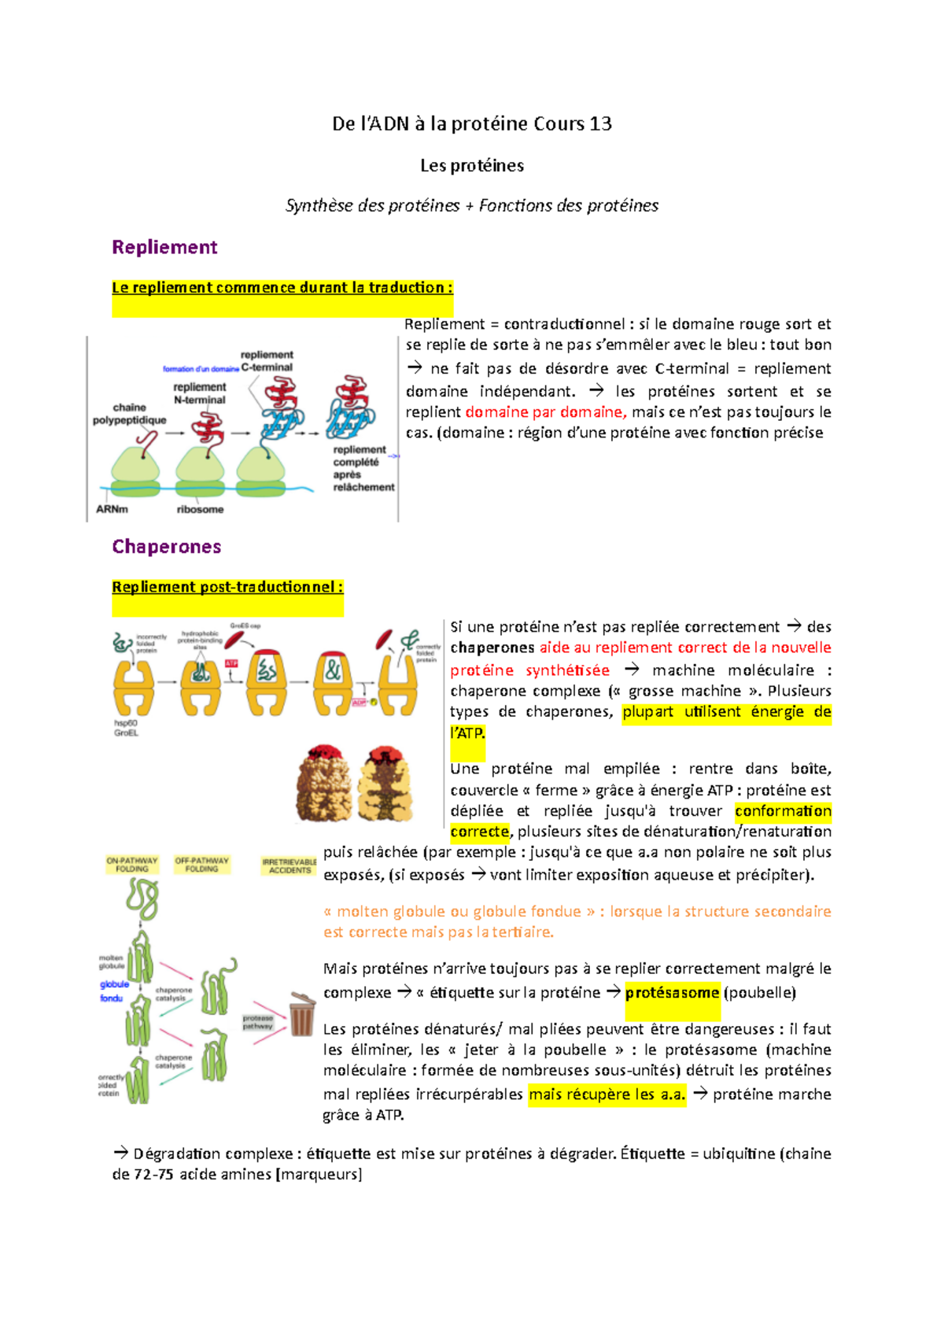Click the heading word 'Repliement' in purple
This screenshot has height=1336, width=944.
tap(164, 247)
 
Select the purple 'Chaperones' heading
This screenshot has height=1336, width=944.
tap(167, 547)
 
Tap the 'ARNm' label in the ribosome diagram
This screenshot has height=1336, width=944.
tap(112, 509)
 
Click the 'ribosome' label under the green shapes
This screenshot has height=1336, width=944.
tap(200, 509)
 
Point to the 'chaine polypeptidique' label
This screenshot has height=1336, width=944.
tap(130, 414)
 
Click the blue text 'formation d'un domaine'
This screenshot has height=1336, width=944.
tap(201, 368)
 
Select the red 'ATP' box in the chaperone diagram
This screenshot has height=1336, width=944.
tap(231, 663)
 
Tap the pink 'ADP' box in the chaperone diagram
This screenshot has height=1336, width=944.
tap(359, 702)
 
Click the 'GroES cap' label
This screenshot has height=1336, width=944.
tap(245, 626)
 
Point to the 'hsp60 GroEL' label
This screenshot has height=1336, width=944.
tap(126, 728)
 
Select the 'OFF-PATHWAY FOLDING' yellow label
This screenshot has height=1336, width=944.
tap(202, 865)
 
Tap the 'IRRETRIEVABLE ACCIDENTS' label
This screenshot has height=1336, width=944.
tap(289, 866)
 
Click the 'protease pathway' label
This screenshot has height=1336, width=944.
tap(257, 1022)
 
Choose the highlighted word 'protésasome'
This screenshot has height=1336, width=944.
tap(672, 993)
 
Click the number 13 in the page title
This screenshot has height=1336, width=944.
tap(600, 124)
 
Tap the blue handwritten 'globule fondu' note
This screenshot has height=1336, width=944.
tap(113, 991)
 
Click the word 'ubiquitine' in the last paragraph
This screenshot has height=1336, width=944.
tap(739, 1153)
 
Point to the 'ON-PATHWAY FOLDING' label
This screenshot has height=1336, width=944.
tap(132, 865)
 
